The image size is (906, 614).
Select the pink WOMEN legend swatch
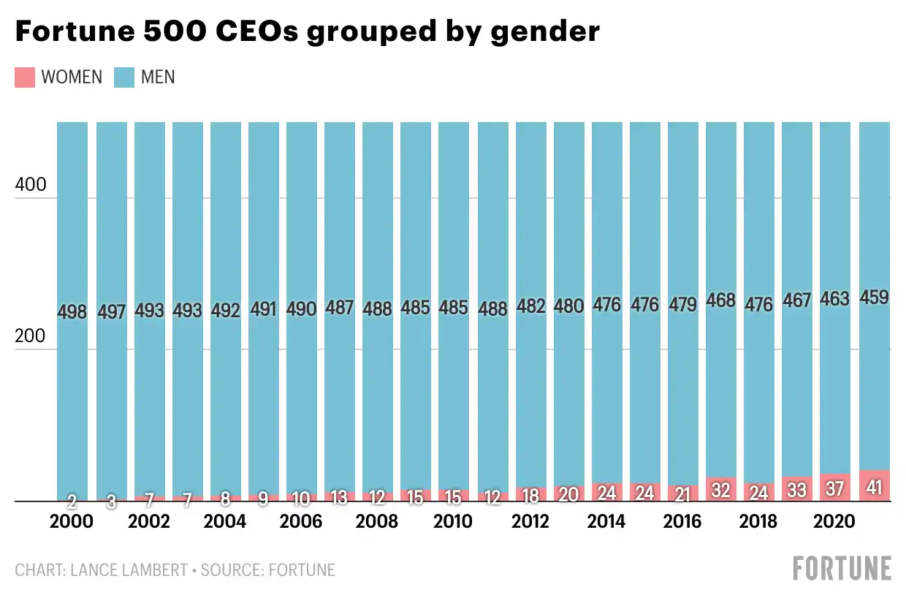pyautogui.click(x=24, y=77)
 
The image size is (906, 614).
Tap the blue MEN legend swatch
pyautogui.click(x=124, y=77)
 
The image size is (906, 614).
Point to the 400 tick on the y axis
pyautogui.click(x=30, y=186)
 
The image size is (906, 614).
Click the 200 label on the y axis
pyautogui.click(x=30, y=338)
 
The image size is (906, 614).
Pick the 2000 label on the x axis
pyautogui.click(x=72, y=522)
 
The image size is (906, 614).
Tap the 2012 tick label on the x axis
pyautogui.click(x=530, y=522)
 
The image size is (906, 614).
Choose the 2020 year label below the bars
pyautogui.click(x=834, y=522)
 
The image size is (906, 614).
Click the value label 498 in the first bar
pyautogui.click(x=72, y=313)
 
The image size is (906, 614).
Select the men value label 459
pyautogui.click(x=873, y=298)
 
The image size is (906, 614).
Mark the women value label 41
pyautogui.click(x=873, y=487)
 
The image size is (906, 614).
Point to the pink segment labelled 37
pyautogui.click(x=834, y=488)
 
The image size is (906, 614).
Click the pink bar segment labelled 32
pyautogui.click(x=720, y=490)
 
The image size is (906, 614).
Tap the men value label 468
pyautogui.click(x=720, y=300)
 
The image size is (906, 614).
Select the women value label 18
pyautogui.click(x=530, y=495)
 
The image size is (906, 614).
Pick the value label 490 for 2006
pyautogui.click(x=301, y=309)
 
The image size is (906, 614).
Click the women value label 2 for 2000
pyautogui.click(x=72, y=501)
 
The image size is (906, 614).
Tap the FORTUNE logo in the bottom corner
pyautogui.click(x=842, y=569)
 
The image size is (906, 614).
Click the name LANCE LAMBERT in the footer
pyautogui.click(x=129, y=570)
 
